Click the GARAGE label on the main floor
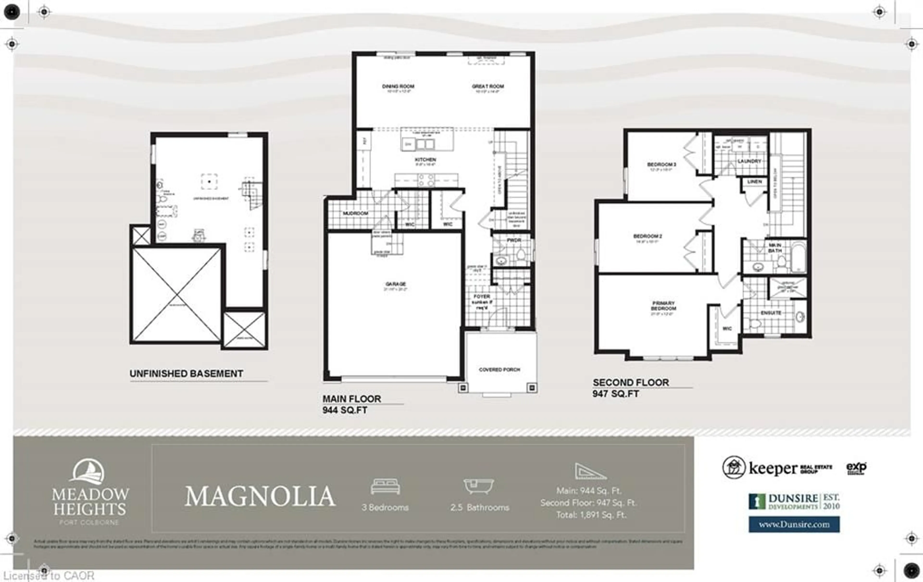click(x=395, y=284)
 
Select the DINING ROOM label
click(x=398, y=86)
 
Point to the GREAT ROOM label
click(x=487, y=86)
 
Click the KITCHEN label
click(x=425, y=159)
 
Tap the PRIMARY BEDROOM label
click(x=663, y=306)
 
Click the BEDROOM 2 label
click(x=647, y=236)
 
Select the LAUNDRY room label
click(x=749, y=161)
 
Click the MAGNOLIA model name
click(x=260, y=496)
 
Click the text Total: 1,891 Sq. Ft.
click(x=591, y=515)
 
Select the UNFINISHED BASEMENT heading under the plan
click(x=186, y=374)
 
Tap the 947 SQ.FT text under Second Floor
click(x=616, y=394)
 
